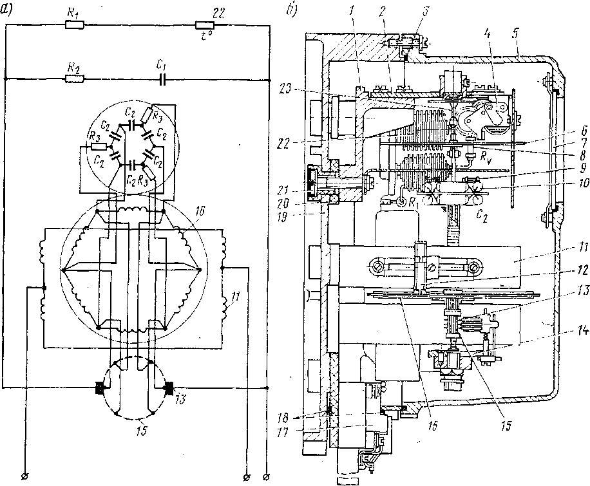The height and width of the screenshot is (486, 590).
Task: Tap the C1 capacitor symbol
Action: coord(164,80)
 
